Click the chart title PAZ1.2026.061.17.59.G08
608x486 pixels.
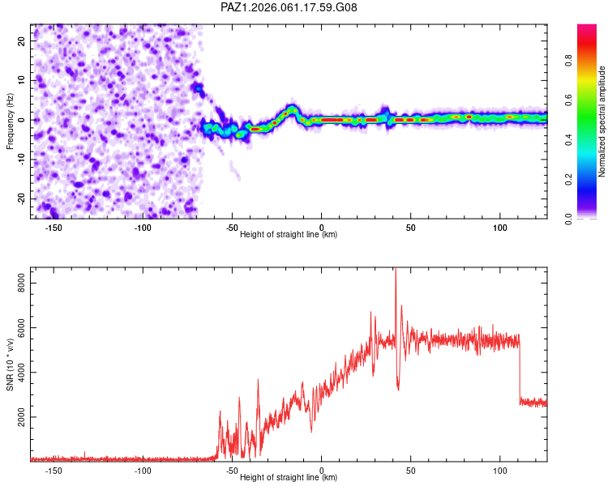tap(289, 8)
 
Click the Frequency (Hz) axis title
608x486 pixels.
tap(10, 121)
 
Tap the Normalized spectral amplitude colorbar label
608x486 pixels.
tap(602, 122)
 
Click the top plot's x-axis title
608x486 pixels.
tap(289, 235)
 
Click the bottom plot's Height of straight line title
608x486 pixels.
tap(289, 478)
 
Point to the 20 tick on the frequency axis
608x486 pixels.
tap(22, 40)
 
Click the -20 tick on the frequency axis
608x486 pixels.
tap(20, 198)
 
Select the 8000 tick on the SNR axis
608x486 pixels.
tap(19, 283)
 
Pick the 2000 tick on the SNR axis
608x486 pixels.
tap(19, 417)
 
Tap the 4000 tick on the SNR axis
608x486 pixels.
tap(19, 373)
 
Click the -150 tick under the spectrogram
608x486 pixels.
tap(54, 228)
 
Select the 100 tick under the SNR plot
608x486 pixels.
tap(500, 471)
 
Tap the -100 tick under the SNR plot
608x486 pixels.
tap(143, 471)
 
